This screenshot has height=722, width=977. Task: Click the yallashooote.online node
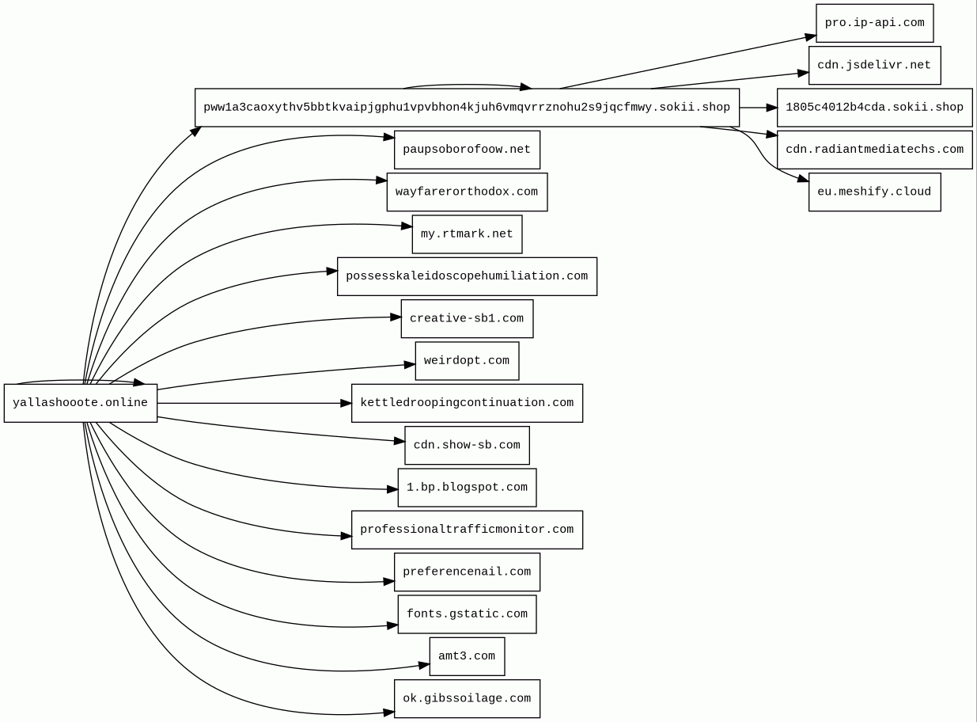coord(80,403)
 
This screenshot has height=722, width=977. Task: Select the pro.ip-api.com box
coord(874,23)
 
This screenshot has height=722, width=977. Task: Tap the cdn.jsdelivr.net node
coord(874,65)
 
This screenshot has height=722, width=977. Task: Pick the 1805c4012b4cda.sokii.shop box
coord(874,108)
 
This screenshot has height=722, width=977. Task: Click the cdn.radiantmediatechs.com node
coord(874,150)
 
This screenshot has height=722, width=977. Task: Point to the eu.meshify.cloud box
coord(874,192)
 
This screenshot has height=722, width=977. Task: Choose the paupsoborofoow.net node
coord(467,150)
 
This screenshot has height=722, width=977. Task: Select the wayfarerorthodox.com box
coord(467,192)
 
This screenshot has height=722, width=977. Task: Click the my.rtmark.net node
coord(467,234)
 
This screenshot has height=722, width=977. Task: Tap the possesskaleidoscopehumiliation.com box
coord(467,276)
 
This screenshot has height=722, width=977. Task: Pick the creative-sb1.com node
coord(467,318)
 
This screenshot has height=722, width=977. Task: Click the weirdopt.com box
coord(467,361)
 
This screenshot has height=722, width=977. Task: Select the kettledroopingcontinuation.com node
coord(467,403)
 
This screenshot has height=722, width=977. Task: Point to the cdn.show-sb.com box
coord(467,445)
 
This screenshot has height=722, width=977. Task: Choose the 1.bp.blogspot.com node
coord(467,488)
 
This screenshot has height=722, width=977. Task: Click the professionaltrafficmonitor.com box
coord(467,530)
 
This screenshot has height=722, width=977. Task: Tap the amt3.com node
coord(467,656)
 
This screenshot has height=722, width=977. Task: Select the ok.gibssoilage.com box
coord(467,698)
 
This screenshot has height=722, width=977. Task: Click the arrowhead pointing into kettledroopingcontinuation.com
coord(346,403)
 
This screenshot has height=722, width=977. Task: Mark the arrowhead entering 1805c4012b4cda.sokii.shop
coord(772,108)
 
